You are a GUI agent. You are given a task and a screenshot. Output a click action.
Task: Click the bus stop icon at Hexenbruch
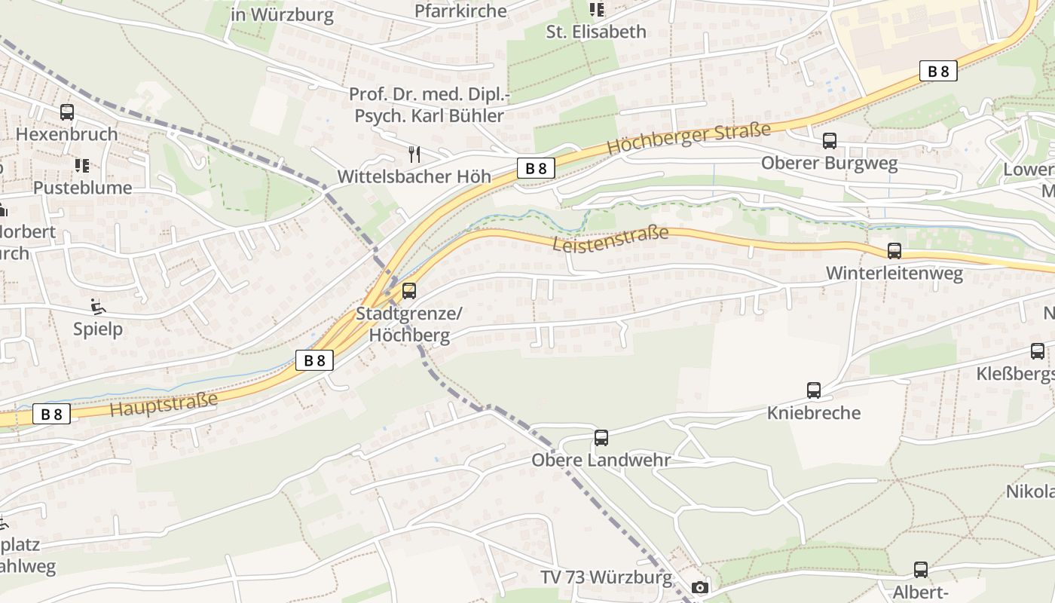67,112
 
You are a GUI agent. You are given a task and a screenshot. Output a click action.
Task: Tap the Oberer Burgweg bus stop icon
830,141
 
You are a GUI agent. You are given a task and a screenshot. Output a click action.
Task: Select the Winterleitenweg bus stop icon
894,251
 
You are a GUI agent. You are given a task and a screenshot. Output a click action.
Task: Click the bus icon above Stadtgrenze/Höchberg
409,290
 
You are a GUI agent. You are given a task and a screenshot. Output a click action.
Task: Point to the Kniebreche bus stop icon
814,390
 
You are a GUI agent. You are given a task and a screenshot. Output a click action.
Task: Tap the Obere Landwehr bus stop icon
601,437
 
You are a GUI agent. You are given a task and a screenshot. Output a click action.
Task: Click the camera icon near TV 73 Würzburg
700,587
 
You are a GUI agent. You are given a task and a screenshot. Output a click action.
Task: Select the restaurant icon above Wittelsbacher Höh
413,155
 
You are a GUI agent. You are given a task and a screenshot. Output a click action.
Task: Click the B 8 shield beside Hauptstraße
52,414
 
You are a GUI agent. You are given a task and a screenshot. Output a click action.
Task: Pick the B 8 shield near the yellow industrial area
938,72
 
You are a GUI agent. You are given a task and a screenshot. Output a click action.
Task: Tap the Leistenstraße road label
610,239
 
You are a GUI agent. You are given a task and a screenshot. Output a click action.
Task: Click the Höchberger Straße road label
688,139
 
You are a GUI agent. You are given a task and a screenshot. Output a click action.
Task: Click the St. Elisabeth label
595,32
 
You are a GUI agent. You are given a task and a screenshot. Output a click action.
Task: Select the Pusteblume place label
82,187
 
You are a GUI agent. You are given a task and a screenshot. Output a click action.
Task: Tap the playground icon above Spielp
97,306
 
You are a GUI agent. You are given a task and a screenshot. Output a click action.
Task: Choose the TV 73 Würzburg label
606,577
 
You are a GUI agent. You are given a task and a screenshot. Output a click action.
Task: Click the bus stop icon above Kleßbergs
1038,350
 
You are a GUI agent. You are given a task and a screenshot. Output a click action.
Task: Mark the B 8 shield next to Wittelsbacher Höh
536,168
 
